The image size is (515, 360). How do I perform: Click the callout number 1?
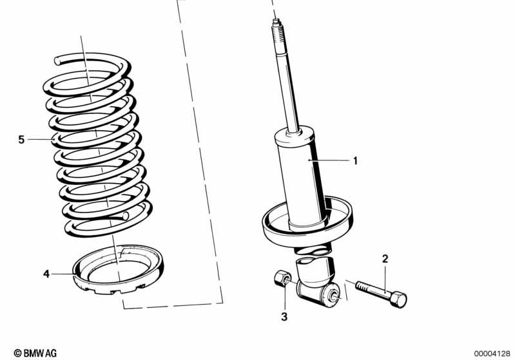355,160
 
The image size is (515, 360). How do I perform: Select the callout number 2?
385,259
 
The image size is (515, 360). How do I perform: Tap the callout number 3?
284,316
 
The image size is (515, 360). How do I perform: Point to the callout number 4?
46,274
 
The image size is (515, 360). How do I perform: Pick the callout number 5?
21,139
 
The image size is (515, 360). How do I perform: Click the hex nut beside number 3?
282,279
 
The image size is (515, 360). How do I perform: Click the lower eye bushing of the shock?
335,296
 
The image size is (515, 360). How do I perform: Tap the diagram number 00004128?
492,352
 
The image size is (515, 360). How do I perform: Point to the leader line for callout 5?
40,139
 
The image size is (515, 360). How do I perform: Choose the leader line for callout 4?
63,274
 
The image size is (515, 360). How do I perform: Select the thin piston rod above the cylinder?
286,90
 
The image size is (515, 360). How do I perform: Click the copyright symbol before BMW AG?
17,352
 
